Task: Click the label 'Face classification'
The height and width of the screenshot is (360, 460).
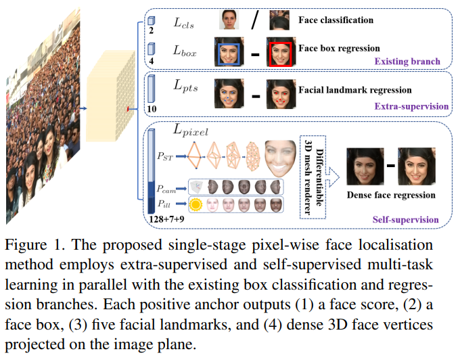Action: click(x=336, y=20)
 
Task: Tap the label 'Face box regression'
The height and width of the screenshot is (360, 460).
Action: click(x=339, y=48)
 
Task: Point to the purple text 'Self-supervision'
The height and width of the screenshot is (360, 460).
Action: click(x=405, y=219)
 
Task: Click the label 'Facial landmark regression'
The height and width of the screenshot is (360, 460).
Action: click(x=354, y=89)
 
